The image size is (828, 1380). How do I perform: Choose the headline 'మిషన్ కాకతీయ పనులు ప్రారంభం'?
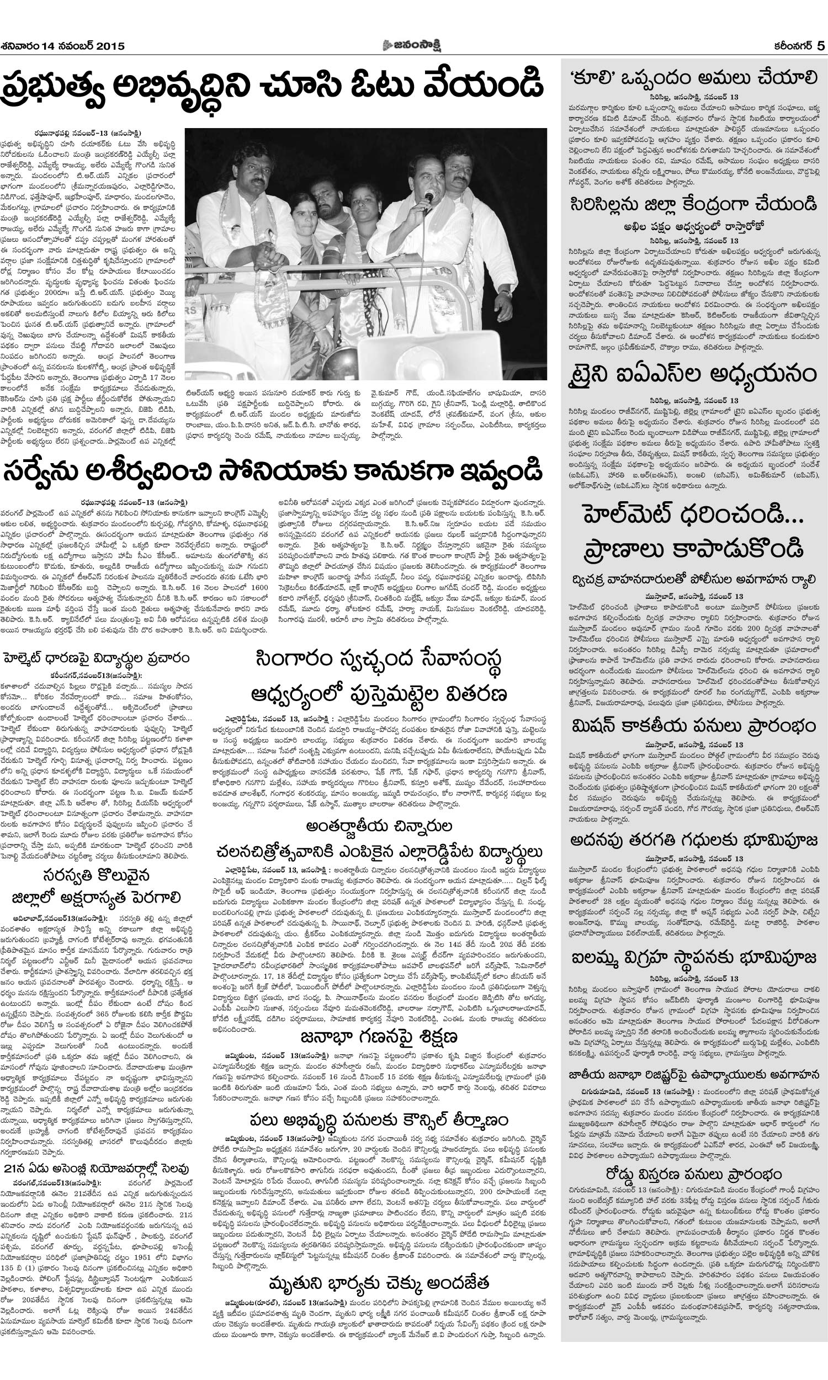point(693,726)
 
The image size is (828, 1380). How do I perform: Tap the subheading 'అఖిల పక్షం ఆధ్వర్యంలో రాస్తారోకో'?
point(693,226)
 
